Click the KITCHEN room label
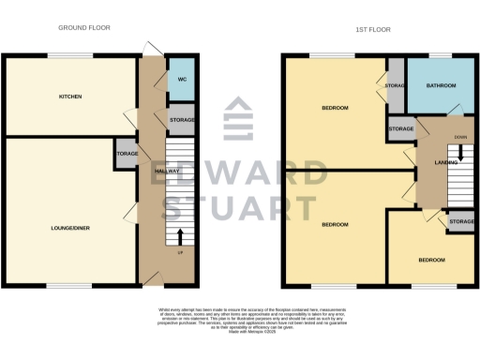click(70, 97)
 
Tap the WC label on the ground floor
click(181, 80)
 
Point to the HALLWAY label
click(167, 171)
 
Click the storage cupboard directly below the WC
click(182, 120)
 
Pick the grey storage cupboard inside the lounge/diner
click(127, 154)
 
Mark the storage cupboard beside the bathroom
click(395, 87)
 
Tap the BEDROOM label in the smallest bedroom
click(432, 260)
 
